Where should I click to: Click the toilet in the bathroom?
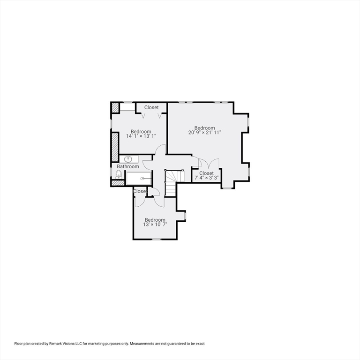(x=119, y=174)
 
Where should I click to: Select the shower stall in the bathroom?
(x=139, y=178)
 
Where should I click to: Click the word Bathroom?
(x=128, y=166)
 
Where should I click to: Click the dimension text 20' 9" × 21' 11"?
(x=204, y=133)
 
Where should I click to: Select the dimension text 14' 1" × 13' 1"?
(x=141, y=136)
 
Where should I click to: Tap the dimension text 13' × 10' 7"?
(x=155, y=225)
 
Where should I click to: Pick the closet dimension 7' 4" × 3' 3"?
(x=206, y=178)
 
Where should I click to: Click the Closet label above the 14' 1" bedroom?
(x=151, y=107)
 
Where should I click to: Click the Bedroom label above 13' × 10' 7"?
(x=155, y=220)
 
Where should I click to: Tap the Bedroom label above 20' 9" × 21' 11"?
(x=204, y=128)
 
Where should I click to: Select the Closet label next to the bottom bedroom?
(x=140, y=191)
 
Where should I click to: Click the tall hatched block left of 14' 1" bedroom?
(x=114, y=147)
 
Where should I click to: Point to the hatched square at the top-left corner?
(x=115, y=107)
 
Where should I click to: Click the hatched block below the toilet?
(x=118, y=183)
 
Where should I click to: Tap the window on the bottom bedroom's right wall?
(x=186, y=216)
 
